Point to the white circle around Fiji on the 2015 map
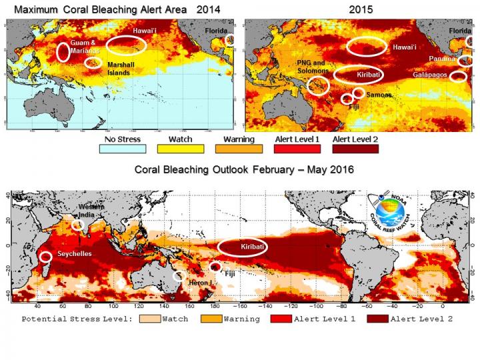pyautogui.click(x=347, y=99)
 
